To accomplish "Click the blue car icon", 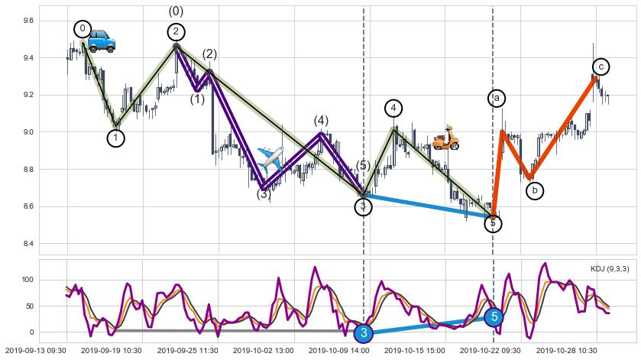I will pos(101,41).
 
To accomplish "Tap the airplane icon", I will pos(270,157).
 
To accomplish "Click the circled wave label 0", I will pos(83,29).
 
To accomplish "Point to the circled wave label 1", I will pos(115,138).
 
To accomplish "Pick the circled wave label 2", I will pos(176,31).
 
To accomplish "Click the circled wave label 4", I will pos(393,109).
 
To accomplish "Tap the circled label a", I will pos(497,98).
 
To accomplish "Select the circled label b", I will pos(535,190).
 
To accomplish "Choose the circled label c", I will pos(601,67).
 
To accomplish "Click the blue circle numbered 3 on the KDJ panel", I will pos(364,332).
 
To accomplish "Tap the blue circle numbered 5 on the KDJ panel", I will pos(494,316).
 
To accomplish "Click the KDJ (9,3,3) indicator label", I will pos(610,268).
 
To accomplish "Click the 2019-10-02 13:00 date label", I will pos(263,350).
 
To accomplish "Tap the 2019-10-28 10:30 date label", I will pos(566,350).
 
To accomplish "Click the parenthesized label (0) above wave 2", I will pos(176,11).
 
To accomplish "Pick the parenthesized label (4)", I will pos(321,121).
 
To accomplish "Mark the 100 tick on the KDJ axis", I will pos(28,281).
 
